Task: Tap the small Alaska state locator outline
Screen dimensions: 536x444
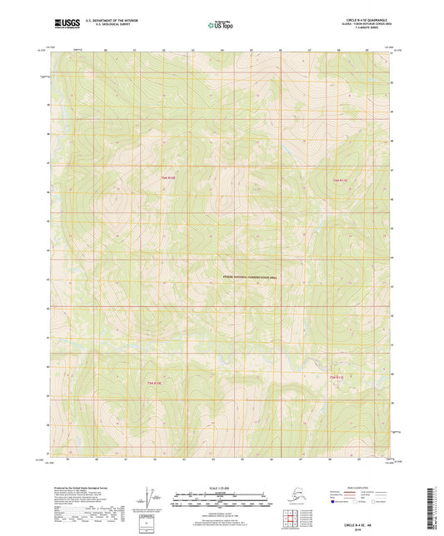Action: (290, 498)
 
